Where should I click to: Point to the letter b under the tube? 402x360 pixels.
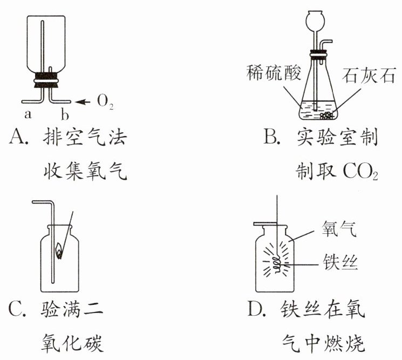(64, 114)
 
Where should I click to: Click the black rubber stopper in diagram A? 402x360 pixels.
(45, 80)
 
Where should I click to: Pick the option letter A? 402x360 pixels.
(18, 139)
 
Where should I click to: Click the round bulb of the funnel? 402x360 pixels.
(315, 22)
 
